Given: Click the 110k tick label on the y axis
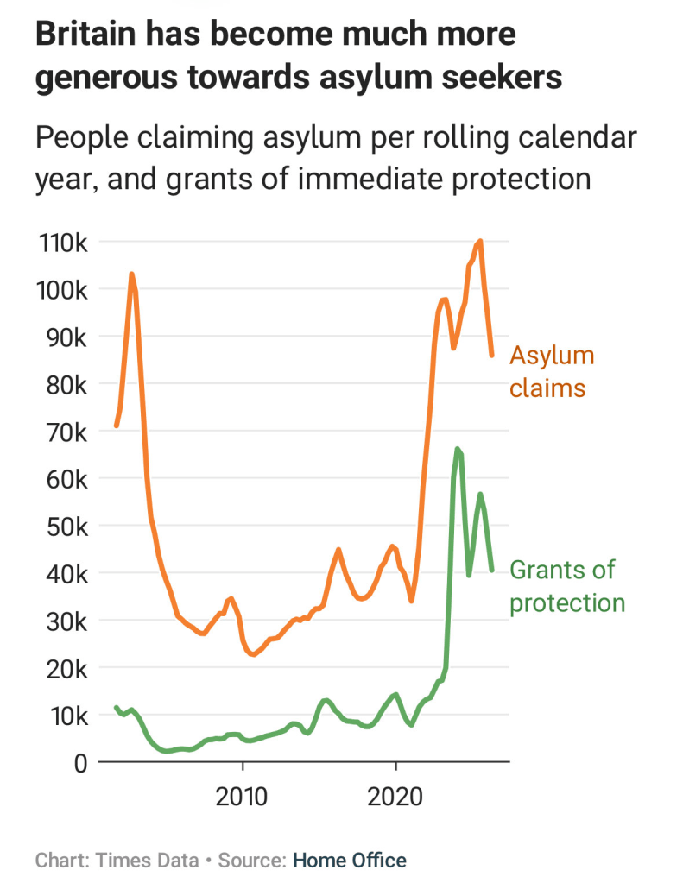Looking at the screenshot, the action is tap(63, 243).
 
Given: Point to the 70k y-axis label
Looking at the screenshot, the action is tap(67, 433).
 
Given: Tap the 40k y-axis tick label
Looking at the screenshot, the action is tap(67, 575).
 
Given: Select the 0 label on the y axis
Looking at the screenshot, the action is tap(81, 764).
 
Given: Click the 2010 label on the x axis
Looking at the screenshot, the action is tap(242, 797).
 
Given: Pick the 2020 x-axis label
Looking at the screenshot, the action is tap(395, 797).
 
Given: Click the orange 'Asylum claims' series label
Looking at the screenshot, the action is tap(552, 372).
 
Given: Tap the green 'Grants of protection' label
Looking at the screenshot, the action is tap(567, 586).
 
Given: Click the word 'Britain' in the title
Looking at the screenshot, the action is tap(86, 34).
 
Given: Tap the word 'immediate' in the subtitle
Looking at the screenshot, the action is tap(370, 179).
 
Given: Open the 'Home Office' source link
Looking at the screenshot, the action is tap(350, 861).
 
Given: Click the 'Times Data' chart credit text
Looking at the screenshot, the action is tap(147, 861).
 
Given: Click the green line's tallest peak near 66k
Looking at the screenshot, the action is tap(457, 449).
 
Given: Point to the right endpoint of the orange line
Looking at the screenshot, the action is tap(492, 356).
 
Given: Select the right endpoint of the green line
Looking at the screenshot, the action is tap(492, 571).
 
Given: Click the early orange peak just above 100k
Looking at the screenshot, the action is tap(131, 274).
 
